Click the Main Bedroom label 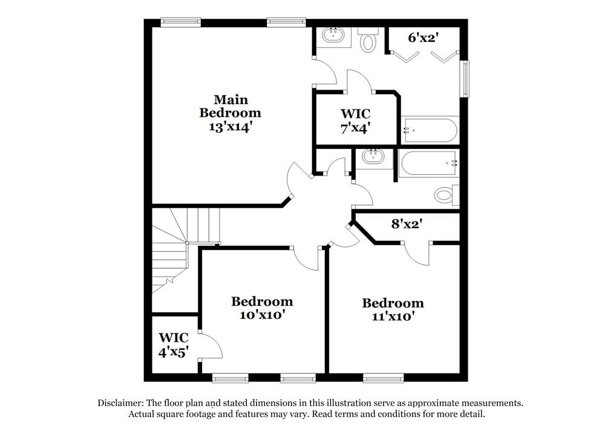click(231, 106)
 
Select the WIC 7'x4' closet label click(355, 120)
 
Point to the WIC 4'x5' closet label click(173, 344)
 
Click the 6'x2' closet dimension click(423, 38)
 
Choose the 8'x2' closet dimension click(407, 223)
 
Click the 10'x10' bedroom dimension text click(262, 315)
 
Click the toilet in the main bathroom click(368, 42)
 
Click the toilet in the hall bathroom click(445, 194)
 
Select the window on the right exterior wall click(465, 78)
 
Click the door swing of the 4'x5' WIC click(212, 346)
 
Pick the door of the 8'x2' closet click(417, 253)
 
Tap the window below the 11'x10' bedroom click(384, 378)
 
